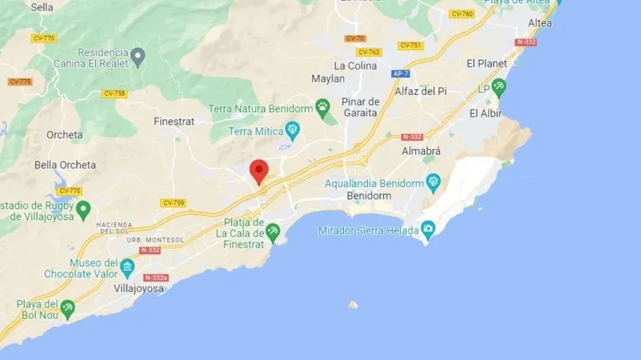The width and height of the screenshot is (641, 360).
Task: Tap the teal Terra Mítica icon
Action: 292,130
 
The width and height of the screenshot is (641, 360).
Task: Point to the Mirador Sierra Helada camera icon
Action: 428,230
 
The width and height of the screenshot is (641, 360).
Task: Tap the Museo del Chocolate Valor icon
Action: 127,268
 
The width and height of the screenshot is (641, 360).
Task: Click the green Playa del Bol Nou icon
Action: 68,307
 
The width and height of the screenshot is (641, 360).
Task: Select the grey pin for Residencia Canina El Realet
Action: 138,55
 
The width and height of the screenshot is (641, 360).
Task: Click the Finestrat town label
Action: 174,122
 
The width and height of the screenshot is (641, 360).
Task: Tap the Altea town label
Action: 540,23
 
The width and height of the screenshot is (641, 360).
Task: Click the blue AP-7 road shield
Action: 401,73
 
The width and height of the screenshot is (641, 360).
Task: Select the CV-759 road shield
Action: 174,203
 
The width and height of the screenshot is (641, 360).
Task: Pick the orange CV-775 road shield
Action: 20,81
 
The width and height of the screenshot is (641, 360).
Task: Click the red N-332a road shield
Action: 156,277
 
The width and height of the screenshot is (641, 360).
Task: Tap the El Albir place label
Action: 485,113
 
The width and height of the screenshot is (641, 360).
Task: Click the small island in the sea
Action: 352,305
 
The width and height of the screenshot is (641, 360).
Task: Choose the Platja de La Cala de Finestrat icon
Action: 272,231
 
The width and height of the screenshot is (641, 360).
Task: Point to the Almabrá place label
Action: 421,152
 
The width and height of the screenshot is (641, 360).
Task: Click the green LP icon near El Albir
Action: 498,88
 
